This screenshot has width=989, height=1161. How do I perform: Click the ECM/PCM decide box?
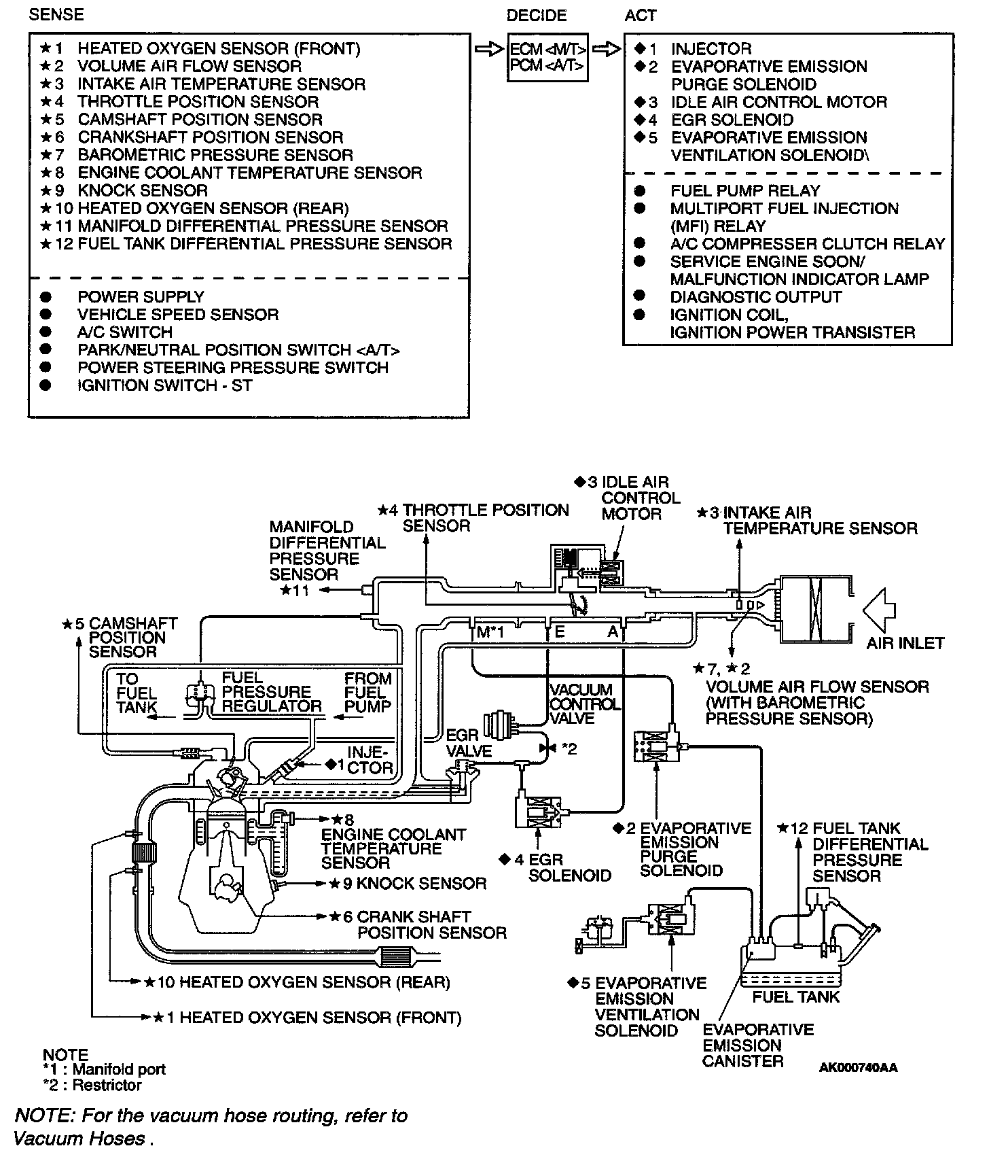[547, 57]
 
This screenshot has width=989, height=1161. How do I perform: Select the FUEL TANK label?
[795, 997]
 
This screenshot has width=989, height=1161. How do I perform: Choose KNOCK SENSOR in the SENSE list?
[143, 191]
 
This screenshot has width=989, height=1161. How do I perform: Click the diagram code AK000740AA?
[858, 1068]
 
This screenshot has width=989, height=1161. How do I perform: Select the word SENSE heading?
[56, 15]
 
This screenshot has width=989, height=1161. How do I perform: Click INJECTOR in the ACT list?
[711, 49]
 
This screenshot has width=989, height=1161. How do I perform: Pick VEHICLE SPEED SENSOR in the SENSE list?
[178, 315]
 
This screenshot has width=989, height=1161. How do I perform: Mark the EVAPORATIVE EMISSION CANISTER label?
[757, 1045]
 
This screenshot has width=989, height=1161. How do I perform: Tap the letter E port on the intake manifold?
[560, 632]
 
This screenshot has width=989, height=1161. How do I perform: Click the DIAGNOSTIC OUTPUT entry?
[755, 297]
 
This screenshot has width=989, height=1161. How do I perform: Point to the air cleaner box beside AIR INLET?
[815, 609]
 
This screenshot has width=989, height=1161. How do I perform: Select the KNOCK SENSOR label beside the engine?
[421, 884]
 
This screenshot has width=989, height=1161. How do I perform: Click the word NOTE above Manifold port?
[65, 1055]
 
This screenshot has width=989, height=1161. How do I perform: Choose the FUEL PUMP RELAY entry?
[744, 191]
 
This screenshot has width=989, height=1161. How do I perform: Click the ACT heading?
[640, 15]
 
